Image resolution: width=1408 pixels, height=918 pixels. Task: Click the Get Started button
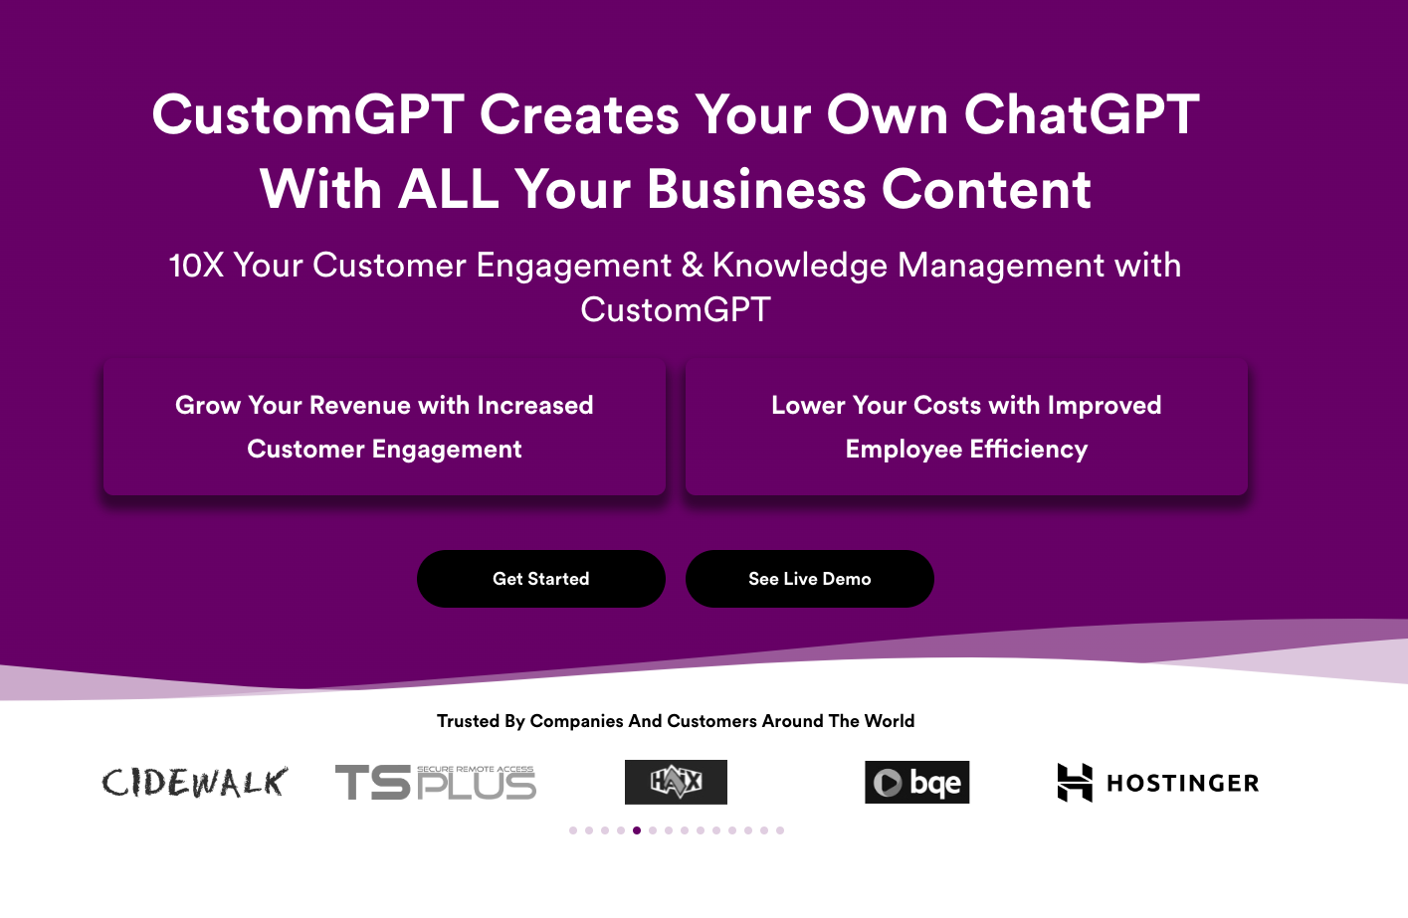[540, 579]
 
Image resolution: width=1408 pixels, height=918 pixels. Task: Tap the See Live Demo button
[809, 579]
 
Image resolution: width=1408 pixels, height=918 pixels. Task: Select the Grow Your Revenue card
[384, 427]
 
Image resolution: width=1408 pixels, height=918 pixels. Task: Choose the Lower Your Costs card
[965, 427]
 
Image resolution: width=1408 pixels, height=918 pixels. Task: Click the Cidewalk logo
[195, 783]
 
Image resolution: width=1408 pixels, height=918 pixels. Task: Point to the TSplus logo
[436, 783]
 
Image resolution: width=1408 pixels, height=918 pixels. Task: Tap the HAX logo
[676, 783]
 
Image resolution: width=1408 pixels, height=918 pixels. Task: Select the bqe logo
[916, 783]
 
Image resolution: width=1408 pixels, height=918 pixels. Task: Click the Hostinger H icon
[1075, 783]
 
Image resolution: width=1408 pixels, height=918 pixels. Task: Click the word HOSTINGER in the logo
[1183, 784]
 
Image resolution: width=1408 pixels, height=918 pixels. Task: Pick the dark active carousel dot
[637, 830]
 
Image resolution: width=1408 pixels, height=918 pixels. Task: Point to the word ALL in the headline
[448, 189]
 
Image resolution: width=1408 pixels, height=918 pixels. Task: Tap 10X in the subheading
[196, 266]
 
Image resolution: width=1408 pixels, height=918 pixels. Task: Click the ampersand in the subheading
[692, 266]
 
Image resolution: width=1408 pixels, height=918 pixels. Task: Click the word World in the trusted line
[889, 721]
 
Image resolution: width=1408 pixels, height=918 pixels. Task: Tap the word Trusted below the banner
[469, 721]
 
